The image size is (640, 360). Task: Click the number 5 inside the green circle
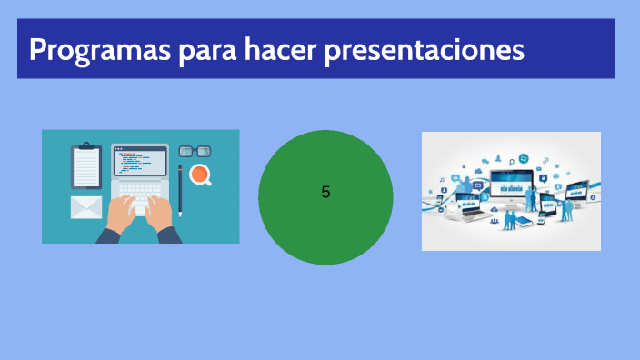click(x=325, y=193)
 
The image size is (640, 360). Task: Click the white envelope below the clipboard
click(x=86, y=207)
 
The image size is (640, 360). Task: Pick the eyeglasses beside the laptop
click(x=195, y=151)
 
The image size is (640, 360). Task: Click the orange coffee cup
click(x=199, y=175)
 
